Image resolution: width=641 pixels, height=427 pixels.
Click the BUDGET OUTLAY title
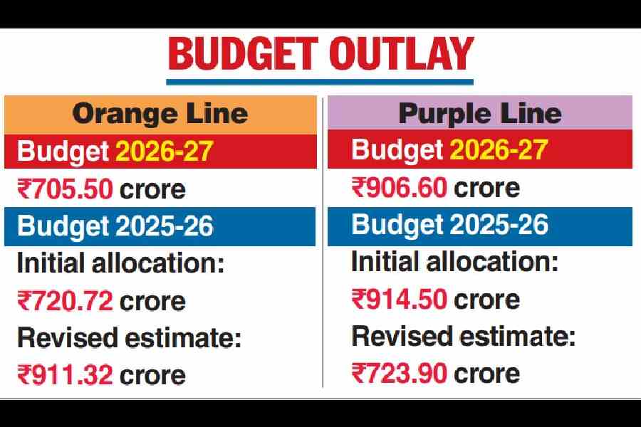[x=320, y=55]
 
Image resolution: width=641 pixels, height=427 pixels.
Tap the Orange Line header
[x=160, y=113]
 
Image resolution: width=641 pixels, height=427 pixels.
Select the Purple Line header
[x=480, y=113]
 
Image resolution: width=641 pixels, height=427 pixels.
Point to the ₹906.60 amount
[x=400, y=188]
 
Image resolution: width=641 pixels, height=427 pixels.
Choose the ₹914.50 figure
[x=400, y=299]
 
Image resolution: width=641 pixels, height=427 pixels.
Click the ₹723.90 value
[x=400, y=373]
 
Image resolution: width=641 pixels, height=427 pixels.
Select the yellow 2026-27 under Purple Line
[x=499, y=150]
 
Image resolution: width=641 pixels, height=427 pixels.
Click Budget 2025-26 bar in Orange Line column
[x=160, y=226]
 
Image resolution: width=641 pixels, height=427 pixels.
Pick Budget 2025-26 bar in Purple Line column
[x=480, y=225]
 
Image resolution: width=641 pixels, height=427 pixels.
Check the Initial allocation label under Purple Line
[x=454, y=262]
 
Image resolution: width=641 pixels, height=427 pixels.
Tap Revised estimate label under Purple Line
[x=463, y=336]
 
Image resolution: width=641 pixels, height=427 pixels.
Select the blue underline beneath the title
[x=320, y=83]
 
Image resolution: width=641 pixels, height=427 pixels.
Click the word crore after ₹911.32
[x=152, y=374]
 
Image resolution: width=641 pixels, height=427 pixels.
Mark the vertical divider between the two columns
[x=323, y=242]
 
